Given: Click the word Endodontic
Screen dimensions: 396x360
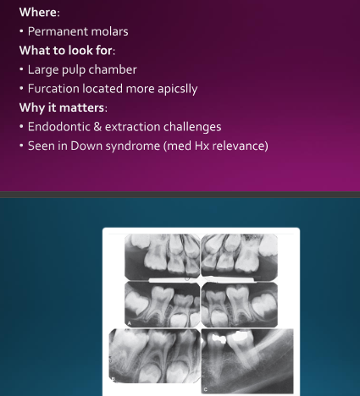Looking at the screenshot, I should point(60,127).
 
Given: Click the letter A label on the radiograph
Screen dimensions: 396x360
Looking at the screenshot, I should point(130,323).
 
